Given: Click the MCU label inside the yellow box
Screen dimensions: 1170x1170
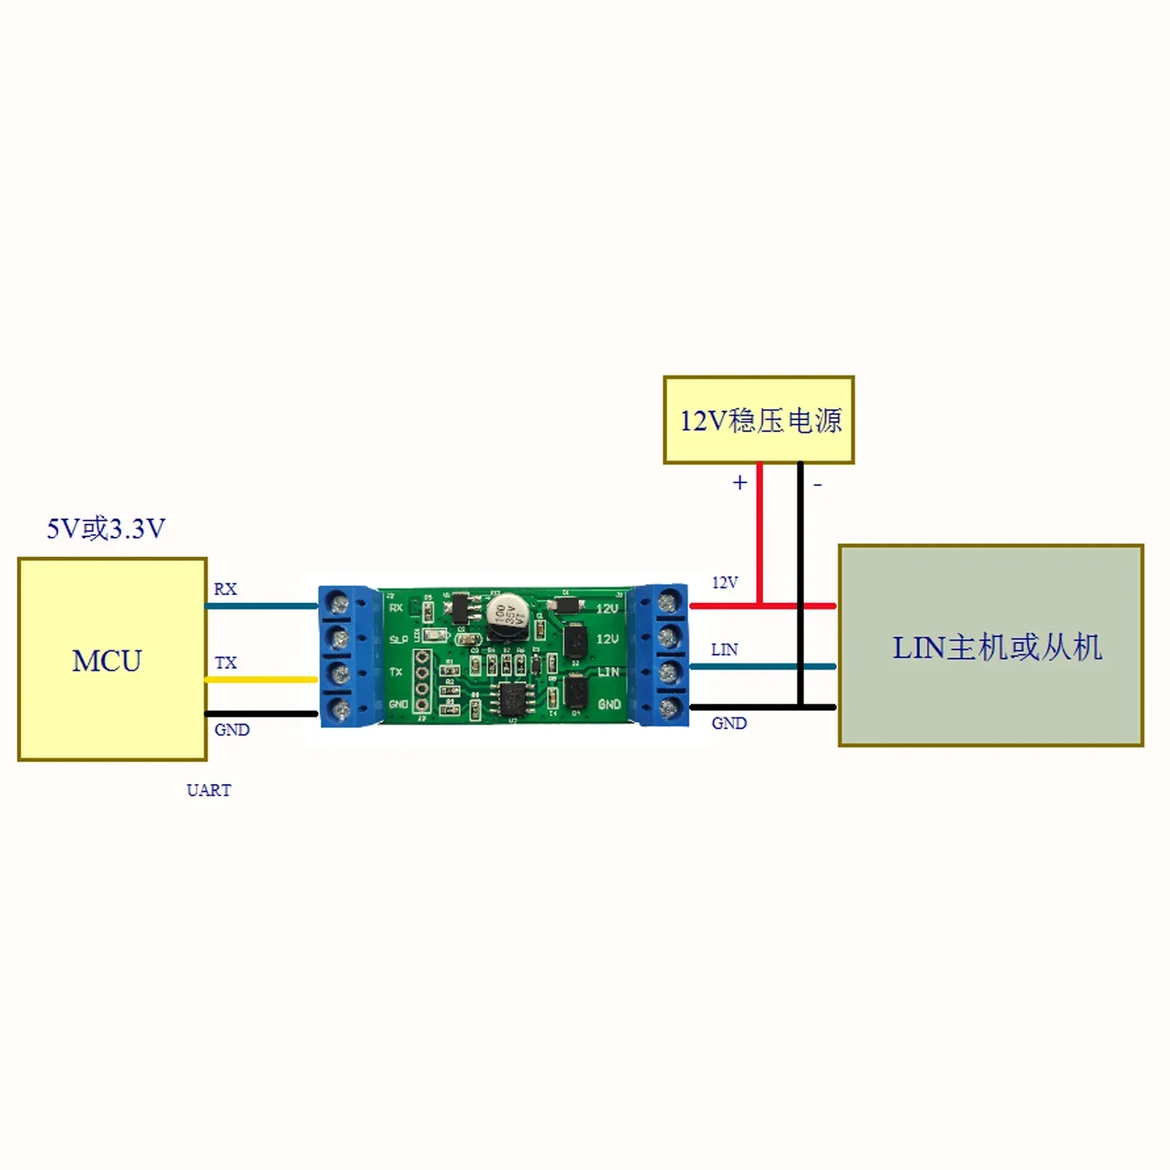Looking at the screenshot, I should coord(107,661).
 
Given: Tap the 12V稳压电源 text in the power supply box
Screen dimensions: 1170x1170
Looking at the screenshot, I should coord(760,421).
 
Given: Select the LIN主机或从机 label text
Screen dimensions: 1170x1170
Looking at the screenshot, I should coord(997,648).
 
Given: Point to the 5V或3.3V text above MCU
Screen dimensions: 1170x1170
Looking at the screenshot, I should coord(106,528).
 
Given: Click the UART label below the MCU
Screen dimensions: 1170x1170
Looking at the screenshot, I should coord(208,790).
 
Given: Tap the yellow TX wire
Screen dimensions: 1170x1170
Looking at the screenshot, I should coord(261,679).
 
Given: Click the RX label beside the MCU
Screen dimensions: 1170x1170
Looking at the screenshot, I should coord(225,589).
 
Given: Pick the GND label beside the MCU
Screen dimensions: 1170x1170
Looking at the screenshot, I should coord(232,730).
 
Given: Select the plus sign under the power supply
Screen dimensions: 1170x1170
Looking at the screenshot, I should coord(740,483).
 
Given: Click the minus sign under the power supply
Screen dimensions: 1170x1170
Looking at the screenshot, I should coord(818,484).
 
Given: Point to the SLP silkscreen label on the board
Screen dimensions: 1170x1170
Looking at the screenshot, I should coord(399,640).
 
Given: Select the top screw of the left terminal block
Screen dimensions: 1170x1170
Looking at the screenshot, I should coord(340,604).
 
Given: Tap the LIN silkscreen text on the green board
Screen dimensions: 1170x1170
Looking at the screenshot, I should coord(608,671).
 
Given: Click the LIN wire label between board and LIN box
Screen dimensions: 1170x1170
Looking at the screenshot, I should coord(724,649).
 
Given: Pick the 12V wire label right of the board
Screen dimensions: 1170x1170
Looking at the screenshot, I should coord(725,583).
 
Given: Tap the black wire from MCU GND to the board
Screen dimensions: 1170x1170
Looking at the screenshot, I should coord(261,714).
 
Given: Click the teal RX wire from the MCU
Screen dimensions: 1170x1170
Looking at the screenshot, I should coord(261,605).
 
